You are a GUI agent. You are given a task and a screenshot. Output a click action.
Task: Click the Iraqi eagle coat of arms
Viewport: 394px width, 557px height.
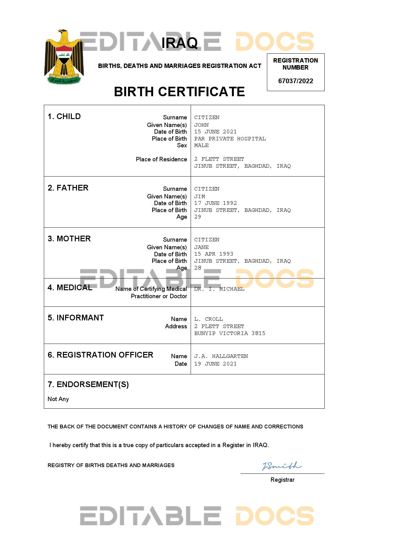pyautogui.click(x=64, y=57)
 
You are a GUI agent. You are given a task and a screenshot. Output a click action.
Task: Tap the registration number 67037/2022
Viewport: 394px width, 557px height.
pyautogui.click(x=295, y=81)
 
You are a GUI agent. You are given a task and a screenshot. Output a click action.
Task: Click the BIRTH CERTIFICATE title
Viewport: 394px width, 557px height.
pyautogui.click(x=179, y=92)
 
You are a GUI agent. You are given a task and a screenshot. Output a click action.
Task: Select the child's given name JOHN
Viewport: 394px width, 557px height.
pyautogui.click(x=201, y=125)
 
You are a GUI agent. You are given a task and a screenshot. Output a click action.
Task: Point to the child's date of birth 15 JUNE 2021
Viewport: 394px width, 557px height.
pyautogui.click(x=215, y=132)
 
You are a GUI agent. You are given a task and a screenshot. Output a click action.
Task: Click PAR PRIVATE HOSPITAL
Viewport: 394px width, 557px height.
pyautogui.click(x=230, y=139)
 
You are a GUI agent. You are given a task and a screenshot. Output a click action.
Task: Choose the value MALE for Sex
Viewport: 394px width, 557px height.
pyautogui.click(x=201, y=145)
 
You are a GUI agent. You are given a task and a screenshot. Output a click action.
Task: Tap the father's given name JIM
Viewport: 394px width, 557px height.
pyautogui.click(x=200, y=197)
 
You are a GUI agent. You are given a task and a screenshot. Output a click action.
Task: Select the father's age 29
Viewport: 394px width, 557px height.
pyautogui.click(x=198, y=217)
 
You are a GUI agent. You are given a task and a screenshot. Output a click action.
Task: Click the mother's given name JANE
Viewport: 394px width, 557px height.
pyautogui.click(x=201, y=247)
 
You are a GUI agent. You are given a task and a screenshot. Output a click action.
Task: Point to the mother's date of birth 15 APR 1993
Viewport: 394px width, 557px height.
pyautogui.click(x=214, y=254)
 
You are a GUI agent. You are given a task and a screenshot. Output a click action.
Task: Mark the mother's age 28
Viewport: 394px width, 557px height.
pyautogui.click(x=198, y=268)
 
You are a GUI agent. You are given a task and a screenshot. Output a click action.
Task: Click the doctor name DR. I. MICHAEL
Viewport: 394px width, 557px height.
pyautogui.click(x=219, y=289)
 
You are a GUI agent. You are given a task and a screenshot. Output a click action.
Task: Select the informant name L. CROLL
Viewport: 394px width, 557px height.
pyautogui.click(x=208, y=319)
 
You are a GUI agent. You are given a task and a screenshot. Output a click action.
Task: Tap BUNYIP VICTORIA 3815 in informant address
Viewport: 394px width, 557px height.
pyautogui.click(x=230, y=333)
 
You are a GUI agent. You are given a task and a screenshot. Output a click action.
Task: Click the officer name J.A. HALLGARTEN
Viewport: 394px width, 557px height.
pyautogui.click(x=221, y=356)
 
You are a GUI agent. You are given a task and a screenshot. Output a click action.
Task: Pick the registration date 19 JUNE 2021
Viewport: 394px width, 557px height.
pyautogui.click(x=215, y=364)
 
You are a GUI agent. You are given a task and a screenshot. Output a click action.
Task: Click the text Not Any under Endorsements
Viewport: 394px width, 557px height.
pyautogui.click(x=58, y=399)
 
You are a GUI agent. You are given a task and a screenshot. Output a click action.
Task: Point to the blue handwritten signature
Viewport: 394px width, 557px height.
pyautogui.click(x=282, y=466)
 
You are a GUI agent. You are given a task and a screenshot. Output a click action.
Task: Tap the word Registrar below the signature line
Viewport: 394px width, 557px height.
pyautogui.click(x=282, y=480)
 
